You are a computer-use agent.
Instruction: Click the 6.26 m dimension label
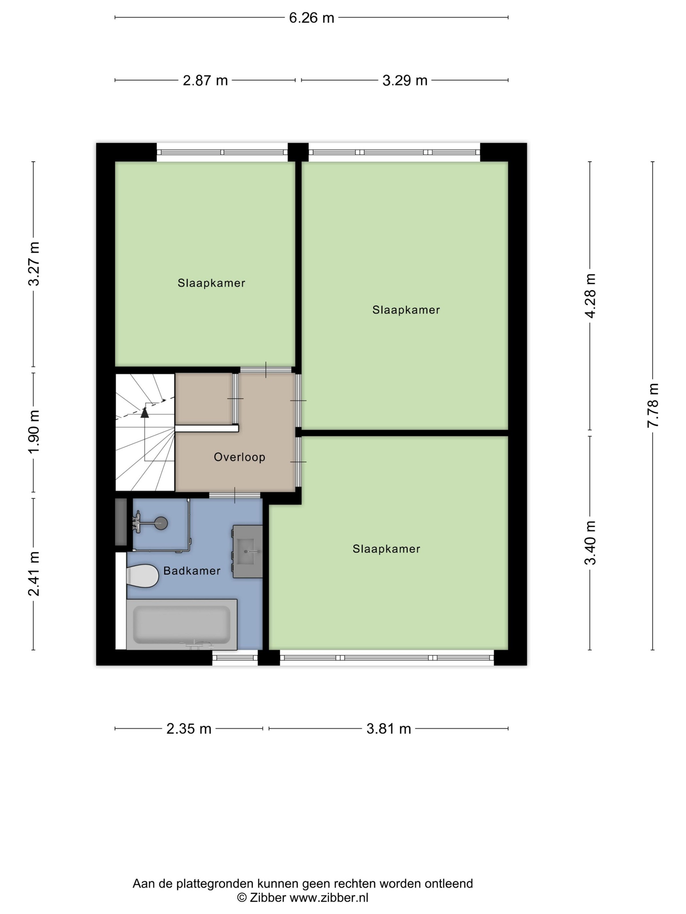311,18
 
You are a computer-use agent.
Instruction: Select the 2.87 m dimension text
205,80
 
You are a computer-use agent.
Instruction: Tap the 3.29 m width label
404,80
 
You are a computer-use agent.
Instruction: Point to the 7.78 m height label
652,405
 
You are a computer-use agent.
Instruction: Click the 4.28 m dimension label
590,295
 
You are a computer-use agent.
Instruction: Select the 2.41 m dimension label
34,574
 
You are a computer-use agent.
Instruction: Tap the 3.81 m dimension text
388,729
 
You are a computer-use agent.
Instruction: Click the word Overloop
239,457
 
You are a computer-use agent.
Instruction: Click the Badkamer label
192,571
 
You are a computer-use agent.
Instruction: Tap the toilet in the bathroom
143,575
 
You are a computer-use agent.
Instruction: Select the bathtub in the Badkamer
182,624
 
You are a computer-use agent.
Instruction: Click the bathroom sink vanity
248,551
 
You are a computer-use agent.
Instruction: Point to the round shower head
161,524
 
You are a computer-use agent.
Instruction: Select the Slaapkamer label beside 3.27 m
211,283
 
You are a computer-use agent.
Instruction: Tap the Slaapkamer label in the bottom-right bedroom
386,549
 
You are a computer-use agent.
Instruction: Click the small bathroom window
235,658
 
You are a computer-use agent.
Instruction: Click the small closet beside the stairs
204,399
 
